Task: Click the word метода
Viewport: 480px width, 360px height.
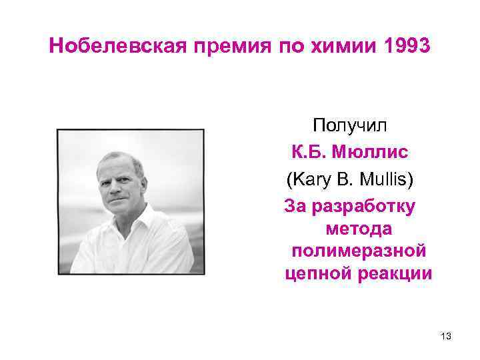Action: [x=359, y=229]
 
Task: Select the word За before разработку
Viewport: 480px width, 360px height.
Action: [x=295, y=205]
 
